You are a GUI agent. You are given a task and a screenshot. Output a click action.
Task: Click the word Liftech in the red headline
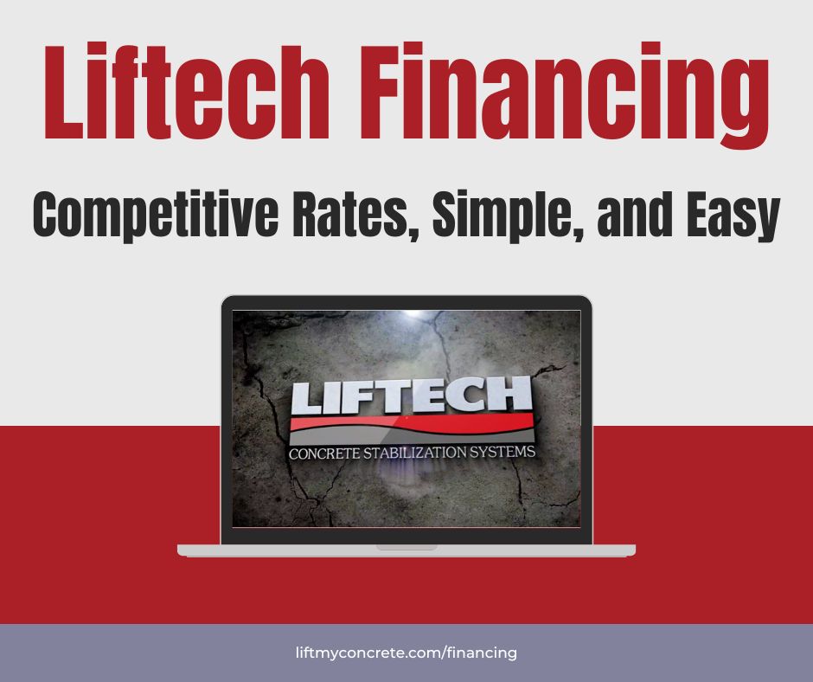tap(187, 92)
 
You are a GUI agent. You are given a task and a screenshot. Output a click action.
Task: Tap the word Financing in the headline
tap(564, 97)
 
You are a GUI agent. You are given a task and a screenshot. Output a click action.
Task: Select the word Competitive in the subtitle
tap(156, 214)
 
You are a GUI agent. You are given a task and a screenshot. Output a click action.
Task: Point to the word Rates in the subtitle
tap(355, 214)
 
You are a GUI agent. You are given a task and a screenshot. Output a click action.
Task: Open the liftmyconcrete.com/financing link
tap(406, 653)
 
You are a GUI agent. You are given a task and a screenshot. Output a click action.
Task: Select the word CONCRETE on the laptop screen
tap(324, 454)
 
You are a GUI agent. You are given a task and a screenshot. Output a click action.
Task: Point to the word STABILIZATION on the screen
tap(415, 453)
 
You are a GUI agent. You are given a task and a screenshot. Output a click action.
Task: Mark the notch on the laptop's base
tap(406, 547)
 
